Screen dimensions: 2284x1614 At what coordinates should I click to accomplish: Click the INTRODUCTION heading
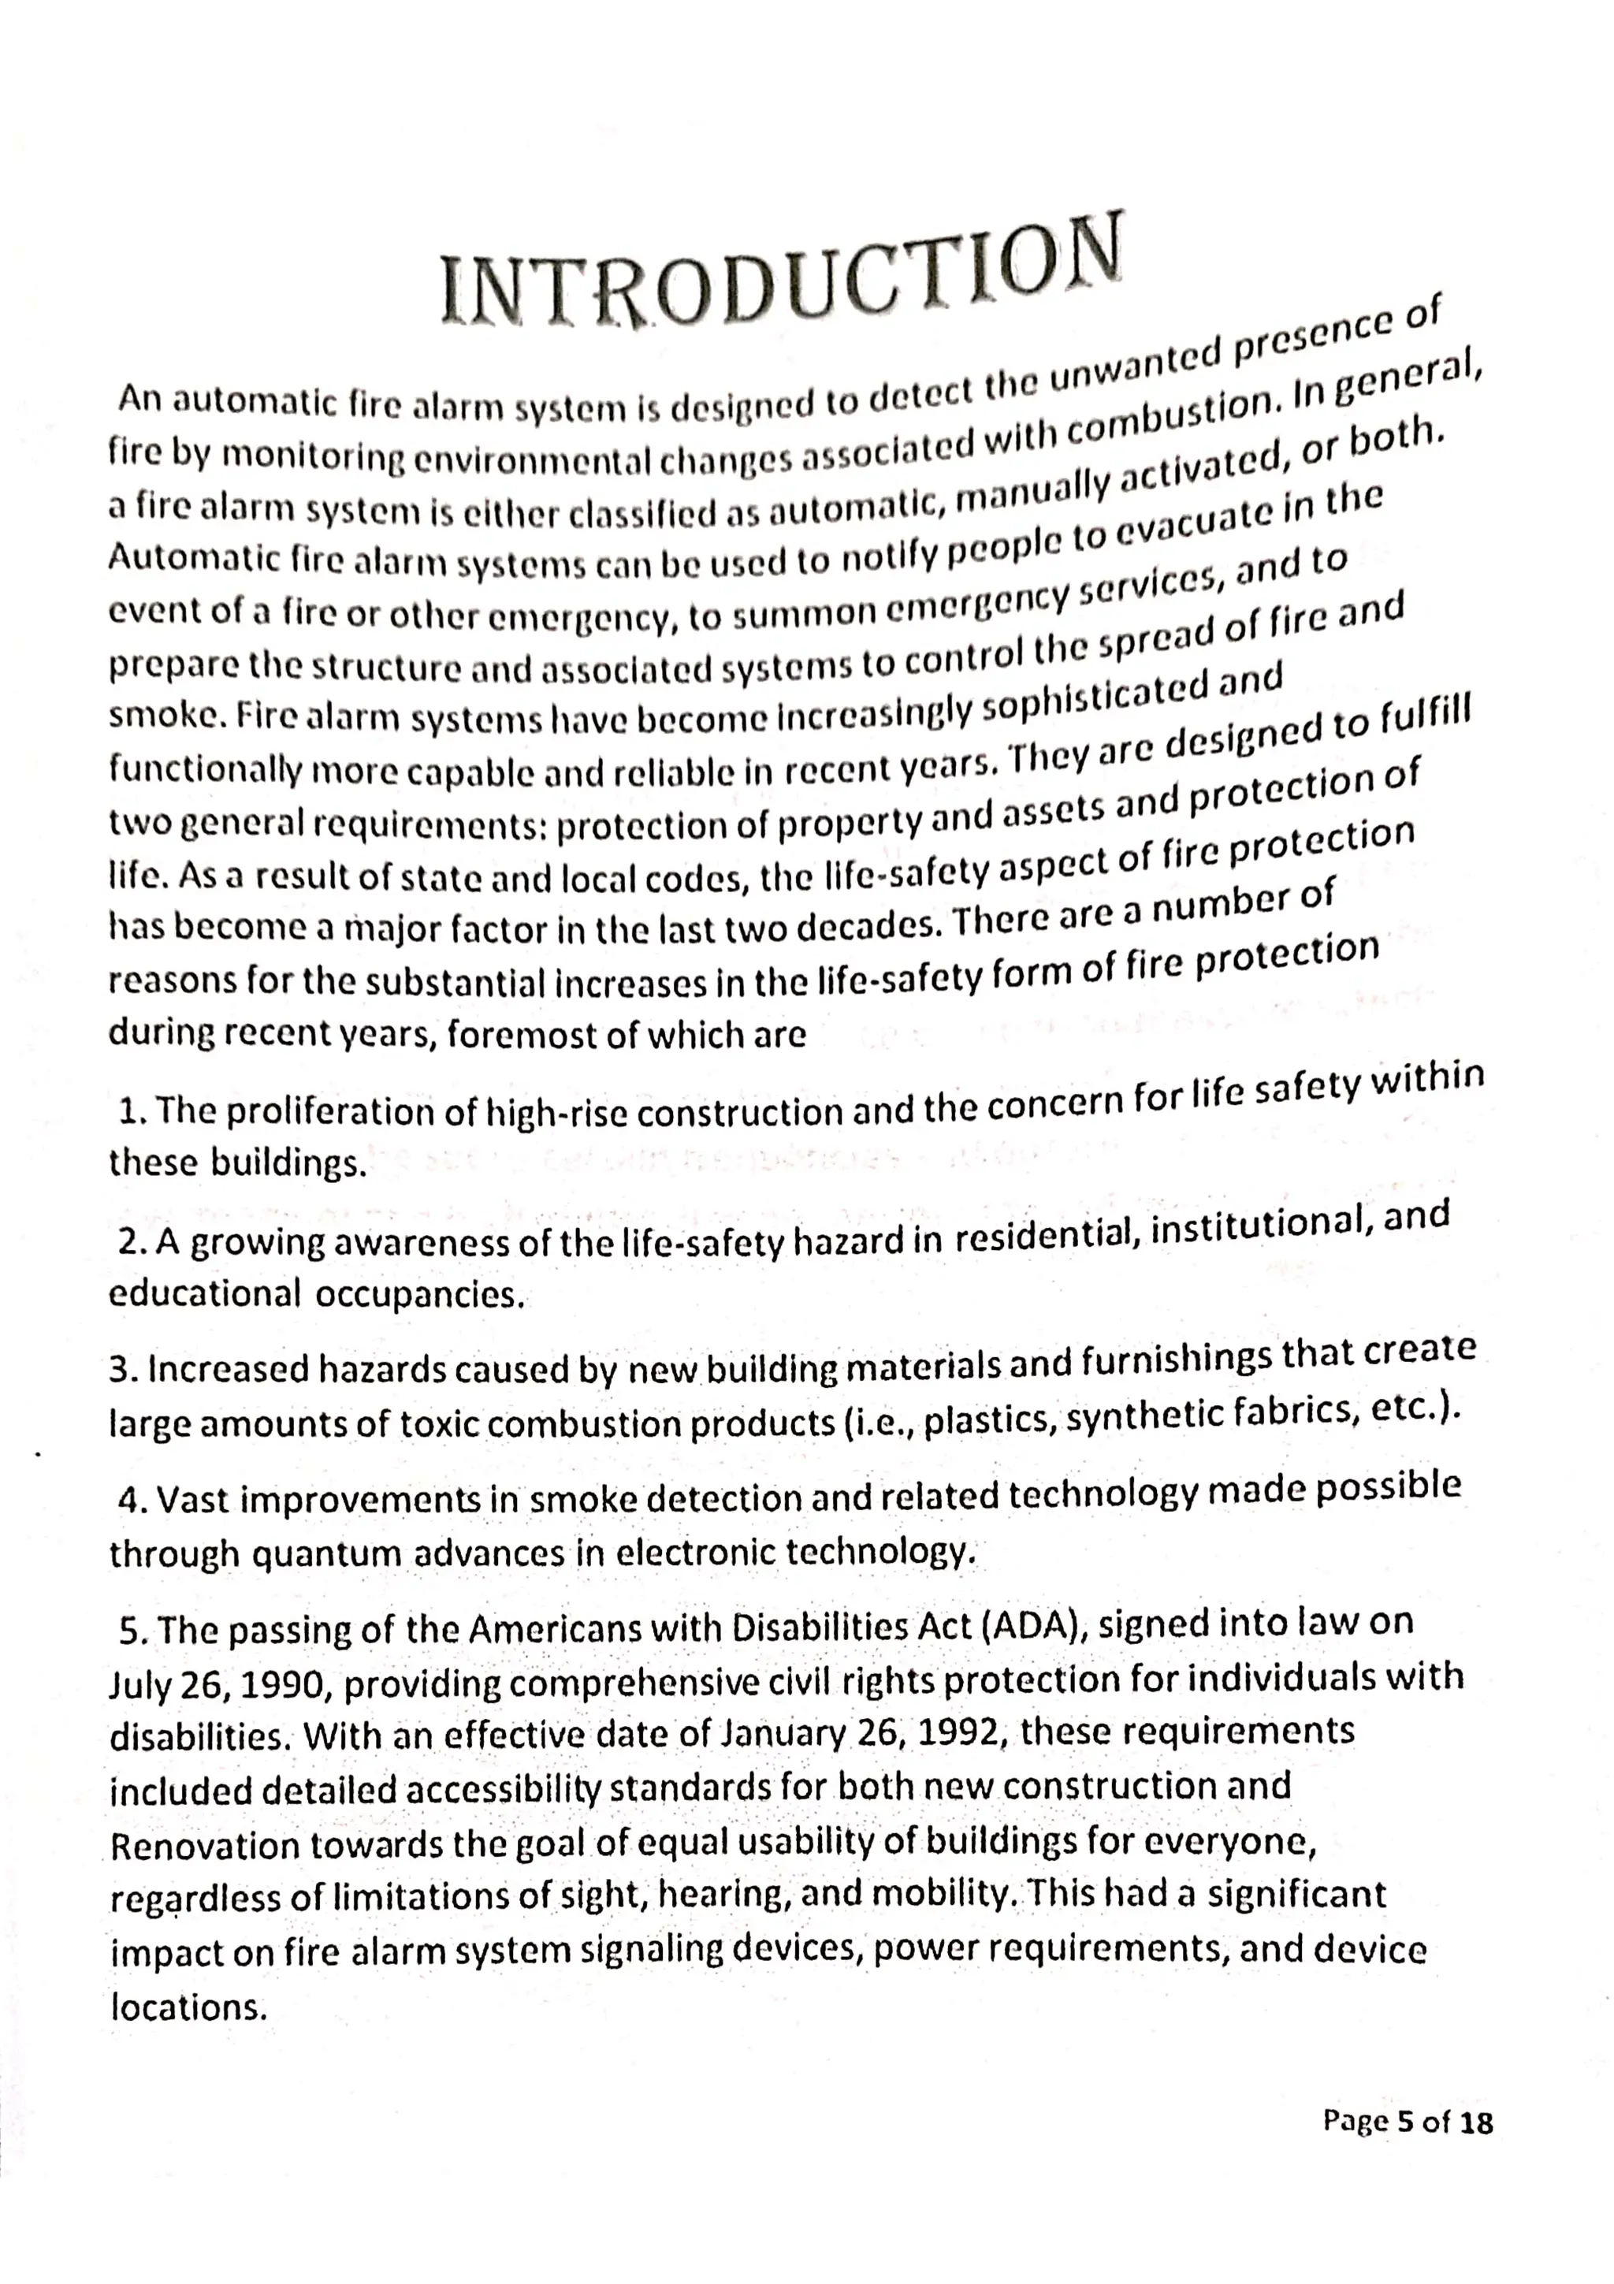point(782,277)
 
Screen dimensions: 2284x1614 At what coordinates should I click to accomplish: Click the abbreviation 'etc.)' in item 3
point(1421,1410)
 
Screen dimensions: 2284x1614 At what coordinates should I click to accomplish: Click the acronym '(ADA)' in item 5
point(1033,1628)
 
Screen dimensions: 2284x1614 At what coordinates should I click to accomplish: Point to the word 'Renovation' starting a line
point(205,1847)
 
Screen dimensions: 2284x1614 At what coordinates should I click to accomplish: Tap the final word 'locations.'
point(189,2007)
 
